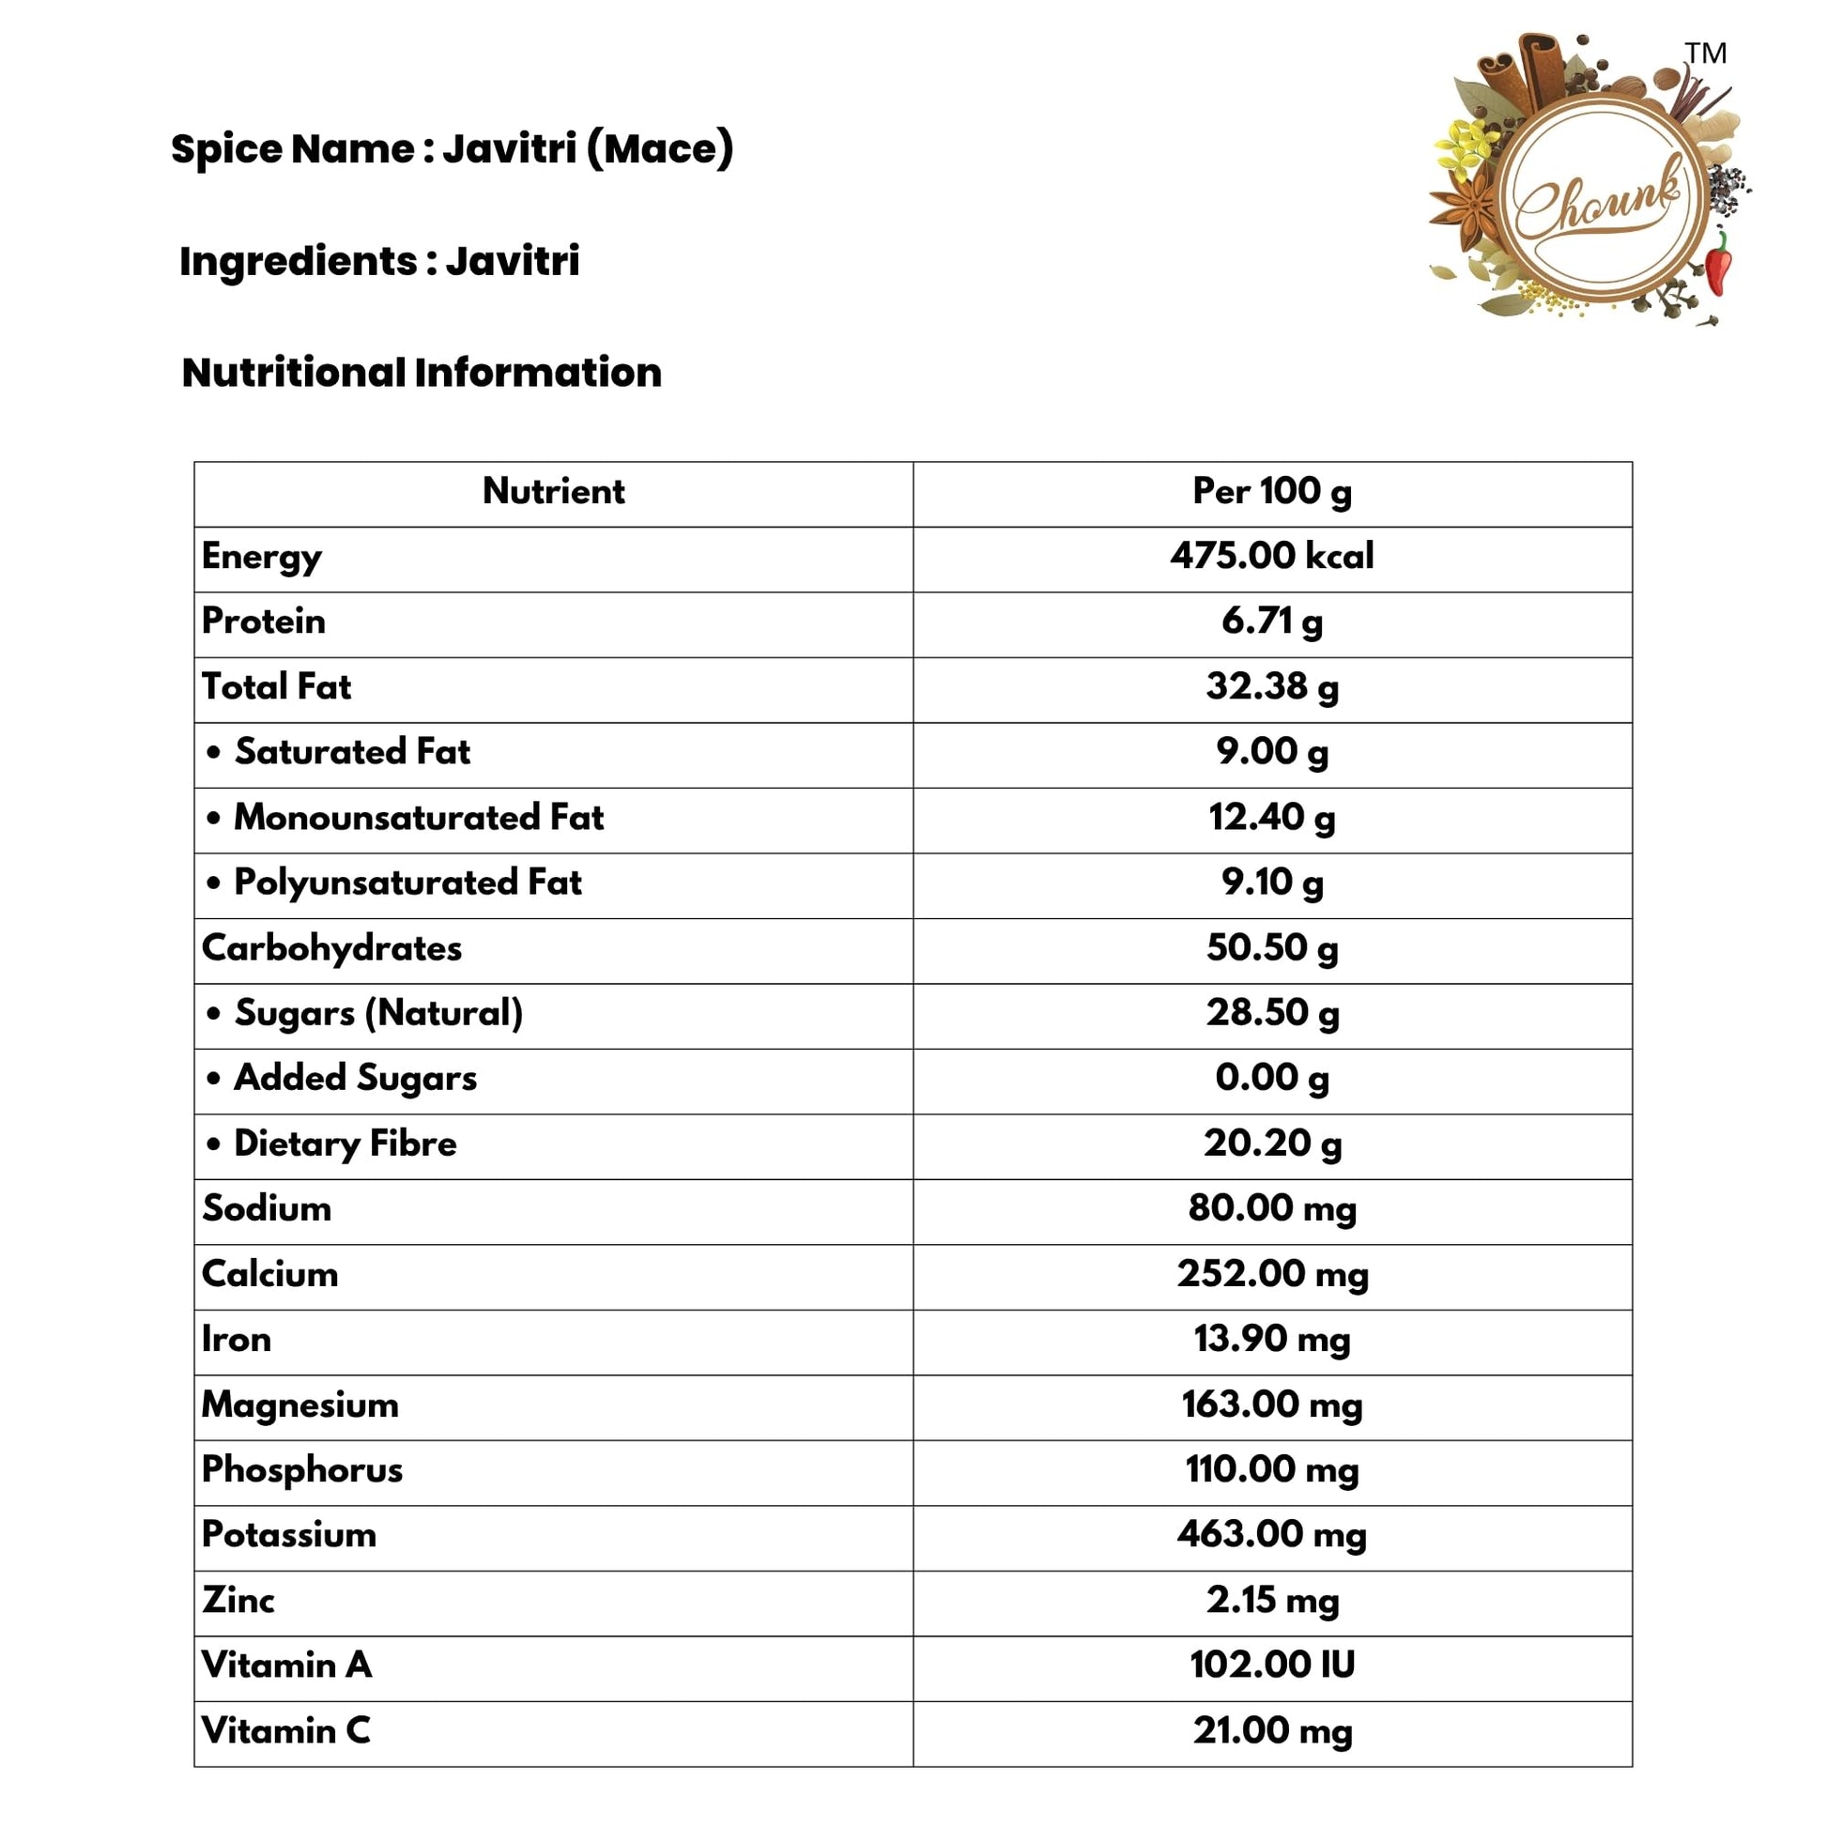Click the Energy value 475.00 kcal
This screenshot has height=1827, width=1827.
pyautogui.click(x=1272, y=556)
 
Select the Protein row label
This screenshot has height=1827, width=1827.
pyautogui.click(x=264, y=622)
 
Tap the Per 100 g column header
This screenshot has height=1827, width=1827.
pyautogui.click(x=1272, y=491)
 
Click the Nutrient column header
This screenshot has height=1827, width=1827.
pyautogui.click(x=553, y=491)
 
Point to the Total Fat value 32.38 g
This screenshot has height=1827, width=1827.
pyautogui.click(x=1272, y=686)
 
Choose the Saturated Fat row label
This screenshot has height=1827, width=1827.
pyautogui.click(x=352, y=752)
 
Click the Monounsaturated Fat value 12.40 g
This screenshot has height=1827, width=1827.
pyautogui.click(x=1272, y=817)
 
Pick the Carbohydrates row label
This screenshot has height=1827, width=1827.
pyautogui.click(x=332, y=947)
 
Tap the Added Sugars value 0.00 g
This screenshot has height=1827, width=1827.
pyautogui.click(x=1272, y=1078)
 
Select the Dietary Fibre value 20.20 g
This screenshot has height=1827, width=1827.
pyautogui.click(x=1272, y=1144)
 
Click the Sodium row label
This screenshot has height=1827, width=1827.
pyautogui.click(x=267, y=1208)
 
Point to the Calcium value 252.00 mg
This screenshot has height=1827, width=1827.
pyautogui.click(x=1272, y=1274)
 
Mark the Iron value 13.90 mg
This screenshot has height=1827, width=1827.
pyautogui.click(x=1272, y=1339)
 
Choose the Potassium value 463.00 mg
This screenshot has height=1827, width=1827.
pyautogui.click(x=1272, y=1534)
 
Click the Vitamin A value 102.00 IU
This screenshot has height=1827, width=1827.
pyautogui.click(x=1272, y=1665)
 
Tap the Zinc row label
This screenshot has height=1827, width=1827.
pyautogui.click(x=238, y=1600)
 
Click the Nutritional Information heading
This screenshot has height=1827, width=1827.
pyautogui.click(x=422, y=373)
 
